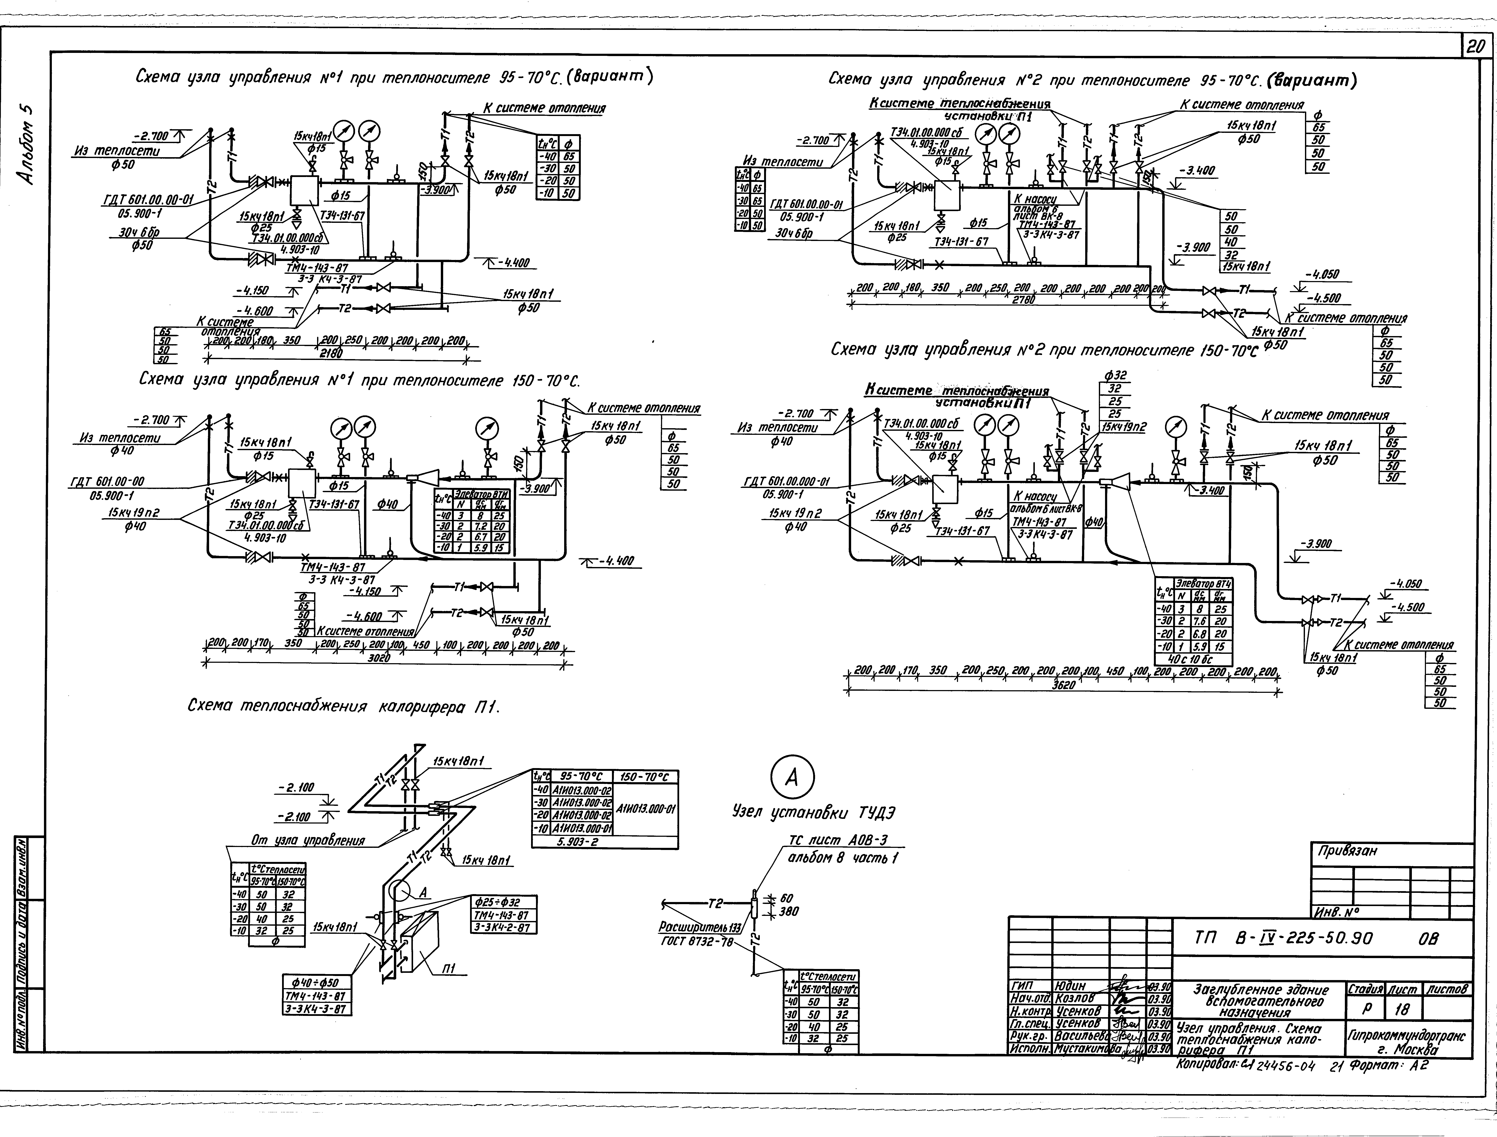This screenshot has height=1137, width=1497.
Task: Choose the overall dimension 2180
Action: (331, 353)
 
